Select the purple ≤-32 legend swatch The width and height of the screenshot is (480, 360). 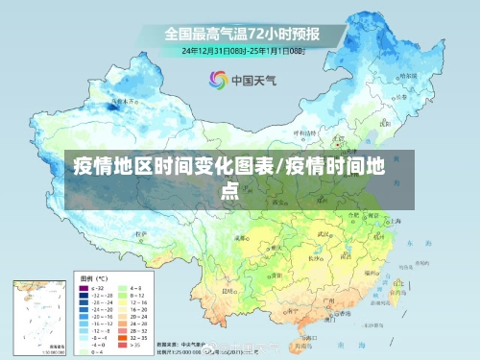82,288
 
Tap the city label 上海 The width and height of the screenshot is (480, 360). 396,220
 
